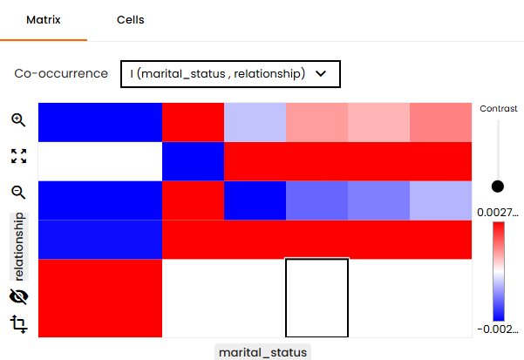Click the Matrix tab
pos(44,20)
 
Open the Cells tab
pos(130,20)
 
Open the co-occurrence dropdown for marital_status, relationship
pos(230,74)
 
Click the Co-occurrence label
pos(61,73)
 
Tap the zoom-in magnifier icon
pos(18,120)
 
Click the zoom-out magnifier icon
pos(18,193)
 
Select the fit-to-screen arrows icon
pos(18,156)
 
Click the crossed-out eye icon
pos(18,296)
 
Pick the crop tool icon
pos(18,323)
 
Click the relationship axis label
pos(19,247)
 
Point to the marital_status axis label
pos(262,352)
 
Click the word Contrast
pos(498,109)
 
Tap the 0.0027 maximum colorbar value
pos(498,213)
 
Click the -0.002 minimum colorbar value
pos(498,329)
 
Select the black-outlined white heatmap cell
pos(316,298)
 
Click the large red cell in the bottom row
pos(100,298)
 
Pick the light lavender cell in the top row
pos(255,122)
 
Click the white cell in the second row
pos(100,161)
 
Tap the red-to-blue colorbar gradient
pos(498,271)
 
